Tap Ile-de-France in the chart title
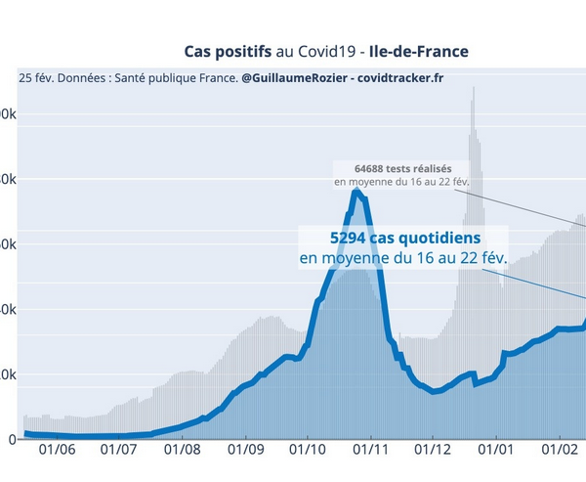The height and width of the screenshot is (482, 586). coord(425,50)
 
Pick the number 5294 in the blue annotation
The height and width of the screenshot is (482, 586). coord(348,238)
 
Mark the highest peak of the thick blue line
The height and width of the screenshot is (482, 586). coord(358,191)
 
